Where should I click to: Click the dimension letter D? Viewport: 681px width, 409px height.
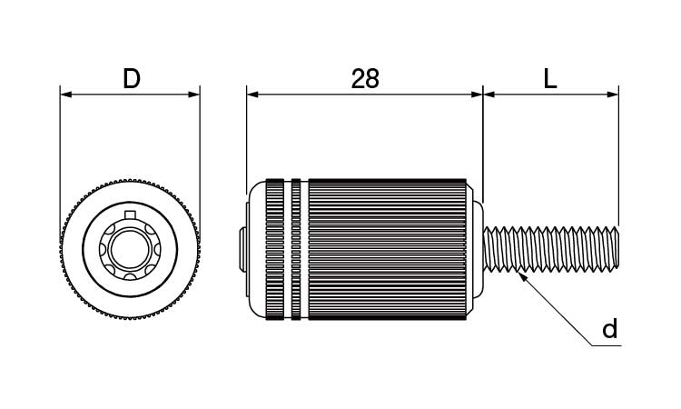point(132,79)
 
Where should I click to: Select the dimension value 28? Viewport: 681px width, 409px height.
point(365,79)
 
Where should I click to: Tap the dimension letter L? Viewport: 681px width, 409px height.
point(550,79)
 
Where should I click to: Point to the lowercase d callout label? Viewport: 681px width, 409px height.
point(610,329)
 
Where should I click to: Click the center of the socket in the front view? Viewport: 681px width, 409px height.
point(130,247)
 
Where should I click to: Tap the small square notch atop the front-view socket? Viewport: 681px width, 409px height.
point(130,214)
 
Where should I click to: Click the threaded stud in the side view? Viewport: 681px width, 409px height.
point(549,250)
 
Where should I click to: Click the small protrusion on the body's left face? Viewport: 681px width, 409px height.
point(241,249)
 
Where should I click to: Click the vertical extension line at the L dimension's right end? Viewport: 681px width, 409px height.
point(618,155)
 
